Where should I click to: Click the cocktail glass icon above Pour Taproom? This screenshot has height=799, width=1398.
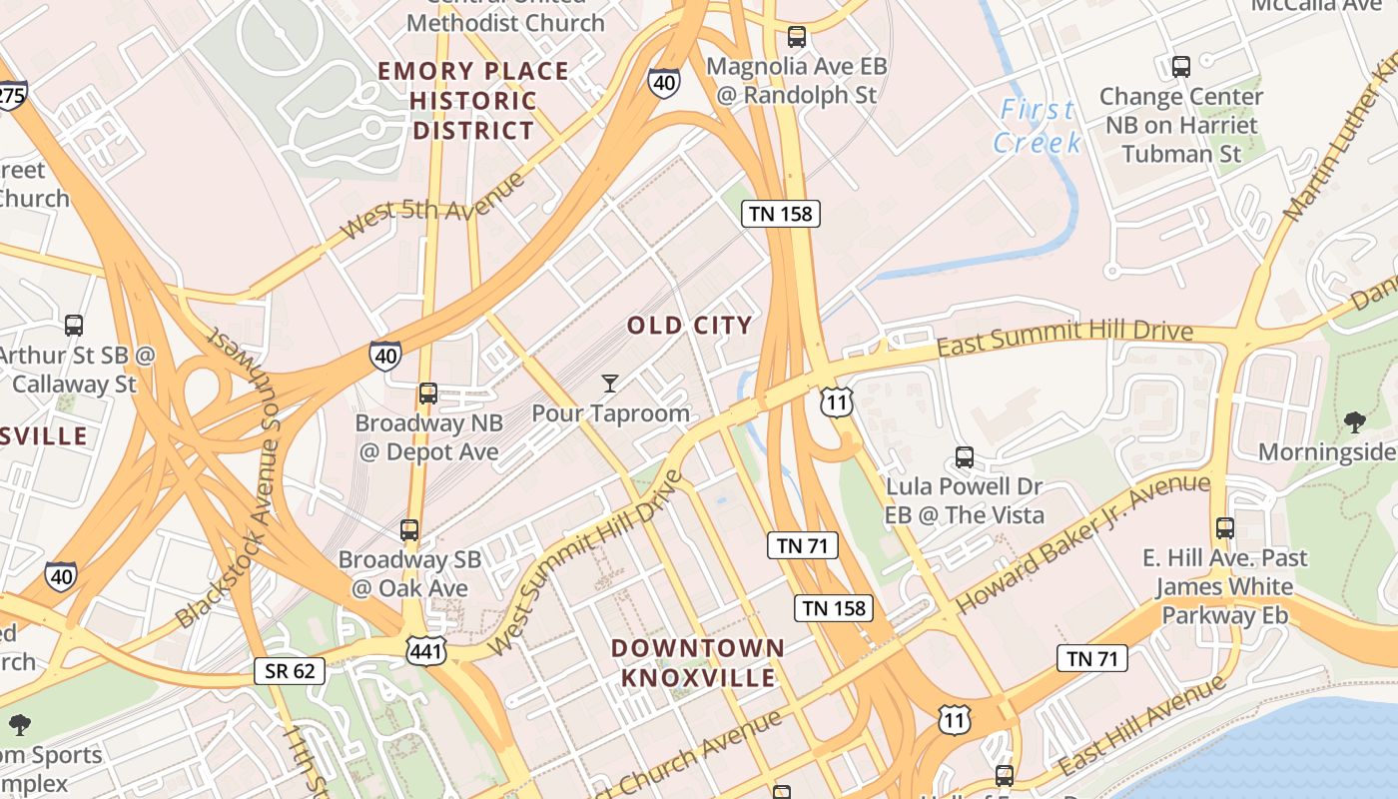pos(610,383)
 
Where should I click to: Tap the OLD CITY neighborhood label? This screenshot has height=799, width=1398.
pos(689,326)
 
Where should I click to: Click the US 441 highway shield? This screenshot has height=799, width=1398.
pos(425,651)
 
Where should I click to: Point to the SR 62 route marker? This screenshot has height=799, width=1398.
pos(290,671)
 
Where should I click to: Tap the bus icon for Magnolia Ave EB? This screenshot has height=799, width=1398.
pos(796,37)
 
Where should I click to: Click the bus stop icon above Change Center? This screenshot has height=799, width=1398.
pos(1181,67)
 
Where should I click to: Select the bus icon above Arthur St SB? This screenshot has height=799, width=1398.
pos(74,325)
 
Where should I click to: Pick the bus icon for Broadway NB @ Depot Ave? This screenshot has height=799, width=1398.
pos(428,393)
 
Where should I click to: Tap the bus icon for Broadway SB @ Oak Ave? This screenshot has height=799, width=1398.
pos(409,529)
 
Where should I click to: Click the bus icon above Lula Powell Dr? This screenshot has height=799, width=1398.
pos(964,457)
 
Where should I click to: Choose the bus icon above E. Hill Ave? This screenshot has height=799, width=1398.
pos(1225,527)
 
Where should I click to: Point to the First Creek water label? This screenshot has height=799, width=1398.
pos(1038,126)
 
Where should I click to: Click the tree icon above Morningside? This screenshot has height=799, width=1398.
pos(1354,421)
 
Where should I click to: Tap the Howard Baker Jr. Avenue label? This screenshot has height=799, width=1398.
pos(1082,543)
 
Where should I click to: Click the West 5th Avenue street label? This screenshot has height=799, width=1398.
pos(431,207)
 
